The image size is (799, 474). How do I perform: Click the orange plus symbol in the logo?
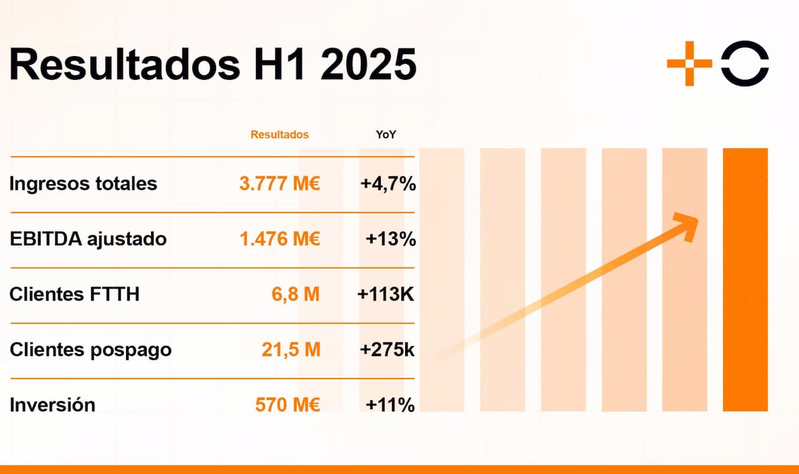click(689, 63)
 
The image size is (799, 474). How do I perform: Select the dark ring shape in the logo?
click(745, 63)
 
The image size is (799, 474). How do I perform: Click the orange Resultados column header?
click(280, 135)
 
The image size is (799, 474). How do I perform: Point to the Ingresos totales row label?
click(84, 184)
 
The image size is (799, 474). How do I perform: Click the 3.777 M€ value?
click(280, 184)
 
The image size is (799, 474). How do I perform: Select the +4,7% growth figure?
click(388, 184)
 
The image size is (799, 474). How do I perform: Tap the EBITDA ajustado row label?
click(88, 239)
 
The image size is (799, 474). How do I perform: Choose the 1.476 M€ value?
click(280, 239)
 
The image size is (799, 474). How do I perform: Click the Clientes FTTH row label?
click(74, 294)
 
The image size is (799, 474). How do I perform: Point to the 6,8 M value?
click(296, 294)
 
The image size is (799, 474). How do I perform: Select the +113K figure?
click(386, 294)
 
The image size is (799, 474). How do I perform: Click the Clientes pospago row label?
click(91, 349)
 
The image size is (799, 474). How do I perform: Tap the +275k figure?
click(387, 349)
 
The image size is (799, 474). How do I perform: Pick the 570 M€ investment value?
click(288, 405)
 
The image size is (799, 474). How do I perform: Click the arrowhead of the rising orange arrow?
click(689, 224)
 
